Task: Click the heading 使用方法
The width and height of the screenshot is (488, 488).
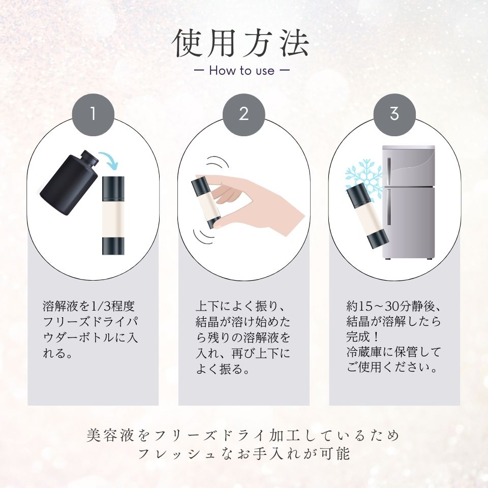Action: pos(241,44)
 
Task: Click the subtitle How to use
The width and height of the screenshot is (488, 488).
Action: pos(241,70)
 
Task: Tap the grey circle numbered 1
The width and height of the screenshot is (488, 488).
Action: pos(93,114)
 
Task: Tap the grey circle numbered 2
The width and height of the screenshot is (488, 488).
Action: pos(244,114)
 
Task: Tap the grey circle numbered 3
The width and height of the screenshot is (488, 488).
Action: pos(394,114)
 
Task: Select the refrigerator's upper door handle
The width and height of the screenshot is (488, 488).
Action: pos(389,171)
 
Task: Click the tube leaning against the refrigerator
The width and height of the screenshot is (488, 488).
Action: pos(368,216)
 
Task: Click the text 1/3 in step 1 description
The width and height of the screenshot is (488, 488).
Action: pos(94,307)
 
